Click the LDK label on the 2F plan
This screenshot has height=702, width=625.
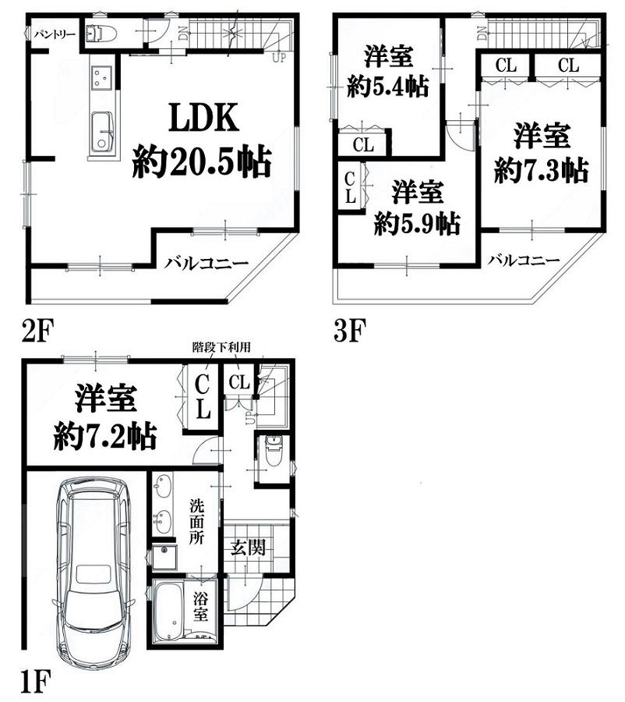pos(203,118)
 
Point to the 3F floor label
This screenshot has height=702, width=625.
pos(350,330)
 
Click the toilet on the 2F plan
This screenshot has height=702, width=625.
pos(101,33)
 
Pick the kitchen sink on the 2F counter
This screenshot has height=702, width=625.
pos(104,133)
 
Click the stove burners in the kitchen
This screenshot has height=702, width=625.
pos(102,76)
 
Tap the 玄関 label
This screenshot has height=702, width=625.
pos(249,547)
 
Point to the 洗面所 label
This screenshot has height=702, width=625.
pos(196,523)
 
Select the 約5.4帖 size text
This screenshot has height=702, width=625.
pos(388,86)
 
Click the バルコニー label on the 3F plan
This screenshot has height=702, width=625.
pos(524,260)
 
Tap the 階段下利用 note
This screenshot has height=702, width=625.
pos(221,347)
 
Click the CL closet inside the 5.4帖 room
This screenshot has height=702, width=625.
pos(363,144)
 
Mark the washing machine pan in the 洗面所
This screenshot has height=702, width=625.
pos(164,556)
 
